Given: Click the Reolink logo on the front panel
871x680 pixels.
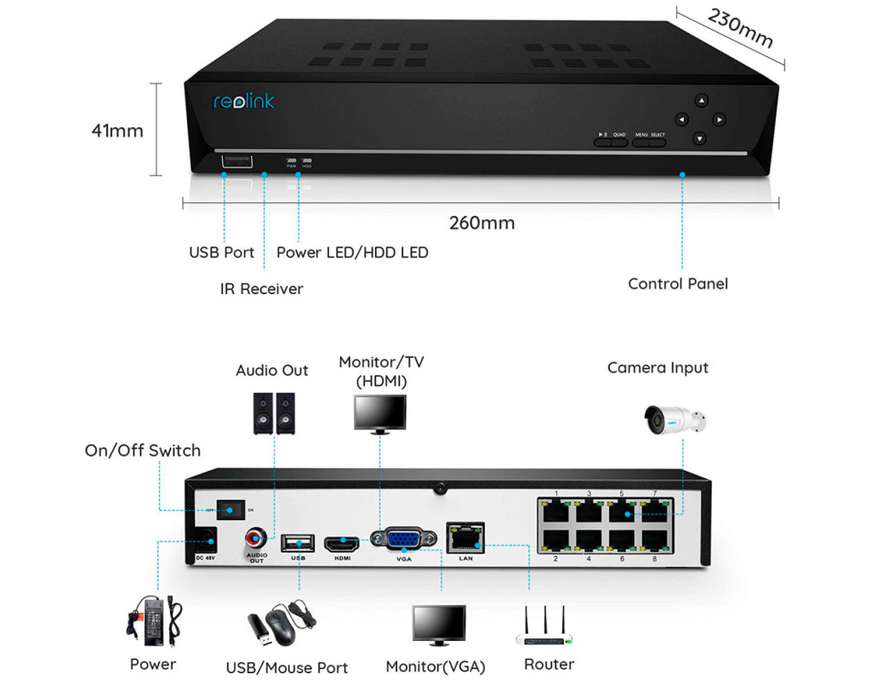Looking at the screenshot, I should click(243, 102).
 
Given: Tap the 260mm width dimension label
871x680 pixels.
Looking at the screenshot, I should click(482, 224).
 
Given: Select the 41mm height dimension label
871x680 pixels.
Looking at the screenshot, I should click(117, 131).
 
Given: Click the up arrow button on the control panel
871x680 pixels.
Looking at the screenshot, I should click(700, 100).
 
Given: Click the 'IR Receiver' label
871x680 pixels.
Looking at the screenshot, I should click(261, 289).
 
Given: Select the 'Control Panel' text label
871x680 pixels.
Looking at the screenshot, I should click(678, 284).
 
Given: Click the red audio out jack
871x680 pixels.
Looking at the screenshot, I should click(255, 538).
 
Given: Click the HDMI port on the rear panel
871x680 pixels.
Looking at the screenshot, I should click(342, 541).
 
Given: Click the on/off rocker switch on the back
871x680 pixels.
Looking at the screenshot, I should click(228, 509).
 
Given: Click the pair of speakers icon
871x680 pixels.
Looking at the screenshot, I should click(273, 412).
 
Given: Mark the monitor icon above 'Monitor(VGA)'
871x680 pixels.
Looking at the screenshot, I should click(439, 626).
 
